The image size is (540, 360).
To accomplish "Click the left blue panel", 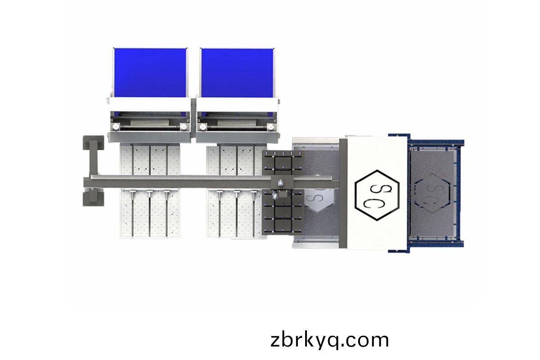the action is pos(150,72).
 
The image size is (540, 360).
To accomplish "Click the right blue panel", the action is pos(237,73).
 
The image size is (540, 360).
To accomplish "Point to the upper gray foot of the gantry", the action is pos(94,143).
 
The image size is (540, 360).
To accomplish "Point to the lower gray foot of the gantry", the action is pos(94,199).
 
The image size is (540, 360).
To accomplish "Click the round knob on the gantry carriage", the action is pos(280,183).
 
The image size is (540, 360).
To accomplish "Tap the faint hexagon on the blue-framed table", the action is pos(432,193).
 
